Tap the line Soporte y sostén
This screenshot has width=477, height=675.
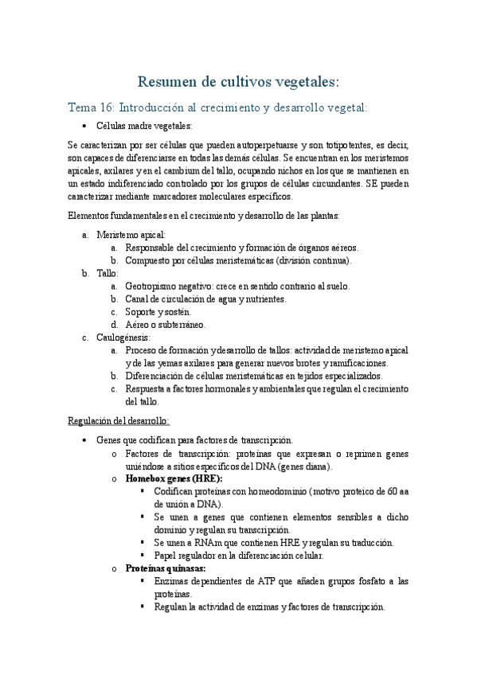[158, 311]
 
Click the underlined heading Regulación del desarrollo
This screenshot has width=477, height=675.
[119, 421]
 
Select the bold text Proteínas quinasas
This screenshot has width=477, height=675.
[166, 568]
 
